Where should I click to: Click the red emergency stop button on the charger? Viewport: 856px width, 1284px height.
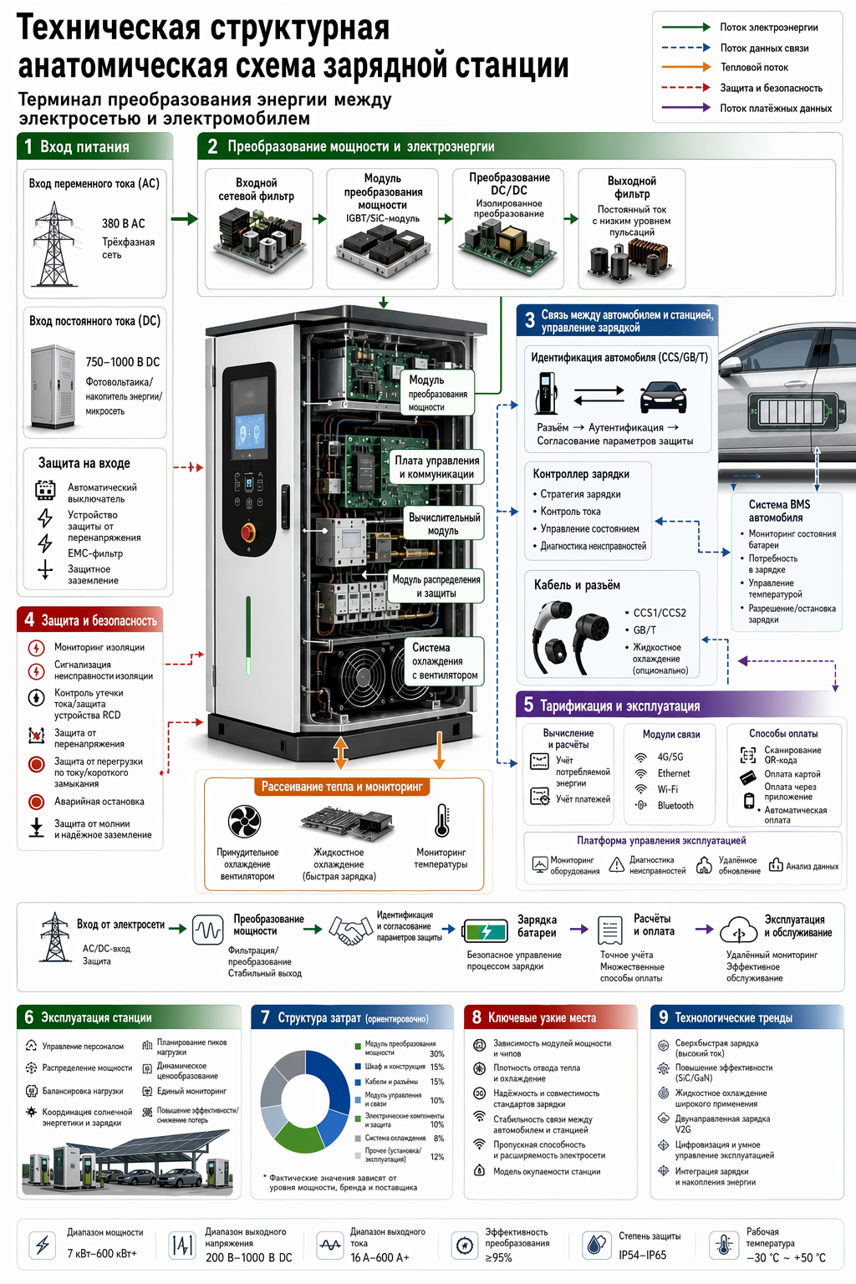coord(248,532)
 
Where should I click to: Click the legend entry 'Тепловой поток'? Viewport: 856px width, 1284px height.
coord(754,68)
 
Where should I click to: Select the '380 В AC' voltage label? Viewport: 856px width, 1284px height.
coord(123,223)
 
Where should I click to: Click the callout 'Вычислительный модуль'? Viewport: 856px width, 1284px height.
coord(444,524)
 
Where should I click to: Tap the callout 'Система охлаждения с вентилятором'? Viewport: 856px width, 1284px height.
coord(445,661)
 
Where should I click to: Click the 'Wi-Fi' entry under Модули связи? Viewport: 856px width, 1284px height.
coord(667,789)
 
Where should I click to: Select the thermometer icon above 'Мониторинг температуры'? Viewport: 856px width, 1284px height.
coord(441,820)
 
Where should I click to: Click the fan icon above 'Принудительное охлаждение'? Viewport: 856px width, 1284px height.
coord(244,821)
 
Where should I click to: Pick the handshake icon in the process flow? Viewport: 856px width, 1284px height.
coord(350,930)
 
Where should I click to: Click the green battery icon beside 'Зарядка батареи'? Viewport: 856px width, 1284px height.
coord(485,931)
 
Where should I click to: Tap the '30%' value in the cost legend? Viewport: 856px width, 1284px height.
coord(437,1053)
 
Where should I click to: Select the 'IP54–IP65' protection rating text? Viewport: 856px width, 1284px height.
coord(643,1255)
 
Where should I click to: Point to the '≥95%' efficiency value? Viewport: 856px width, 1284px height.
coord(499,1257)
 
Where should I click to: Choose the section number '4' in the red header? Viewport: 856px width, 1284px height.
coord(29,619)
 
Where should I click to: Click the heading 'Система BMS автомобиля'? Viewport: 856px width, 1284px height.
coord(779,511)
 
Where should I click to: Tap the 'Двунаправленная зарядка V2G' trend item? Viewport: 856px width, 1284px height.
coord(722,1123)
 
